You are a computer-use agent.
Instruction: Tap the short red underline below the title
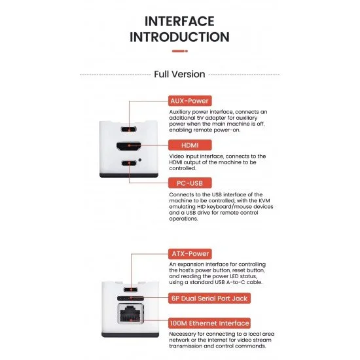point(179,50)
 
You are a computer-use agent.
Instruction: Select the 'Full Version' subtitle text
point(179,74)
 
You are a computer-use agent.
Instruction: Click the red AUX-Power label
point(190,101)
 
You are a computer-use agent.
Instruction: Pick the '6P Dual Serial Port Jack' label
point(209,298)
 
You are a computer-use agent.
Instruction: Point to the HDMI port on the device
point(130,145)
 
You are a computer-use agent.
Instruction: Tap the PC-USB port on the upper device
point(130,162)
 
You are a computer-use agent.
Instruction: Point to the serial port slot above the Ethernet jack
point(130,298)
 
